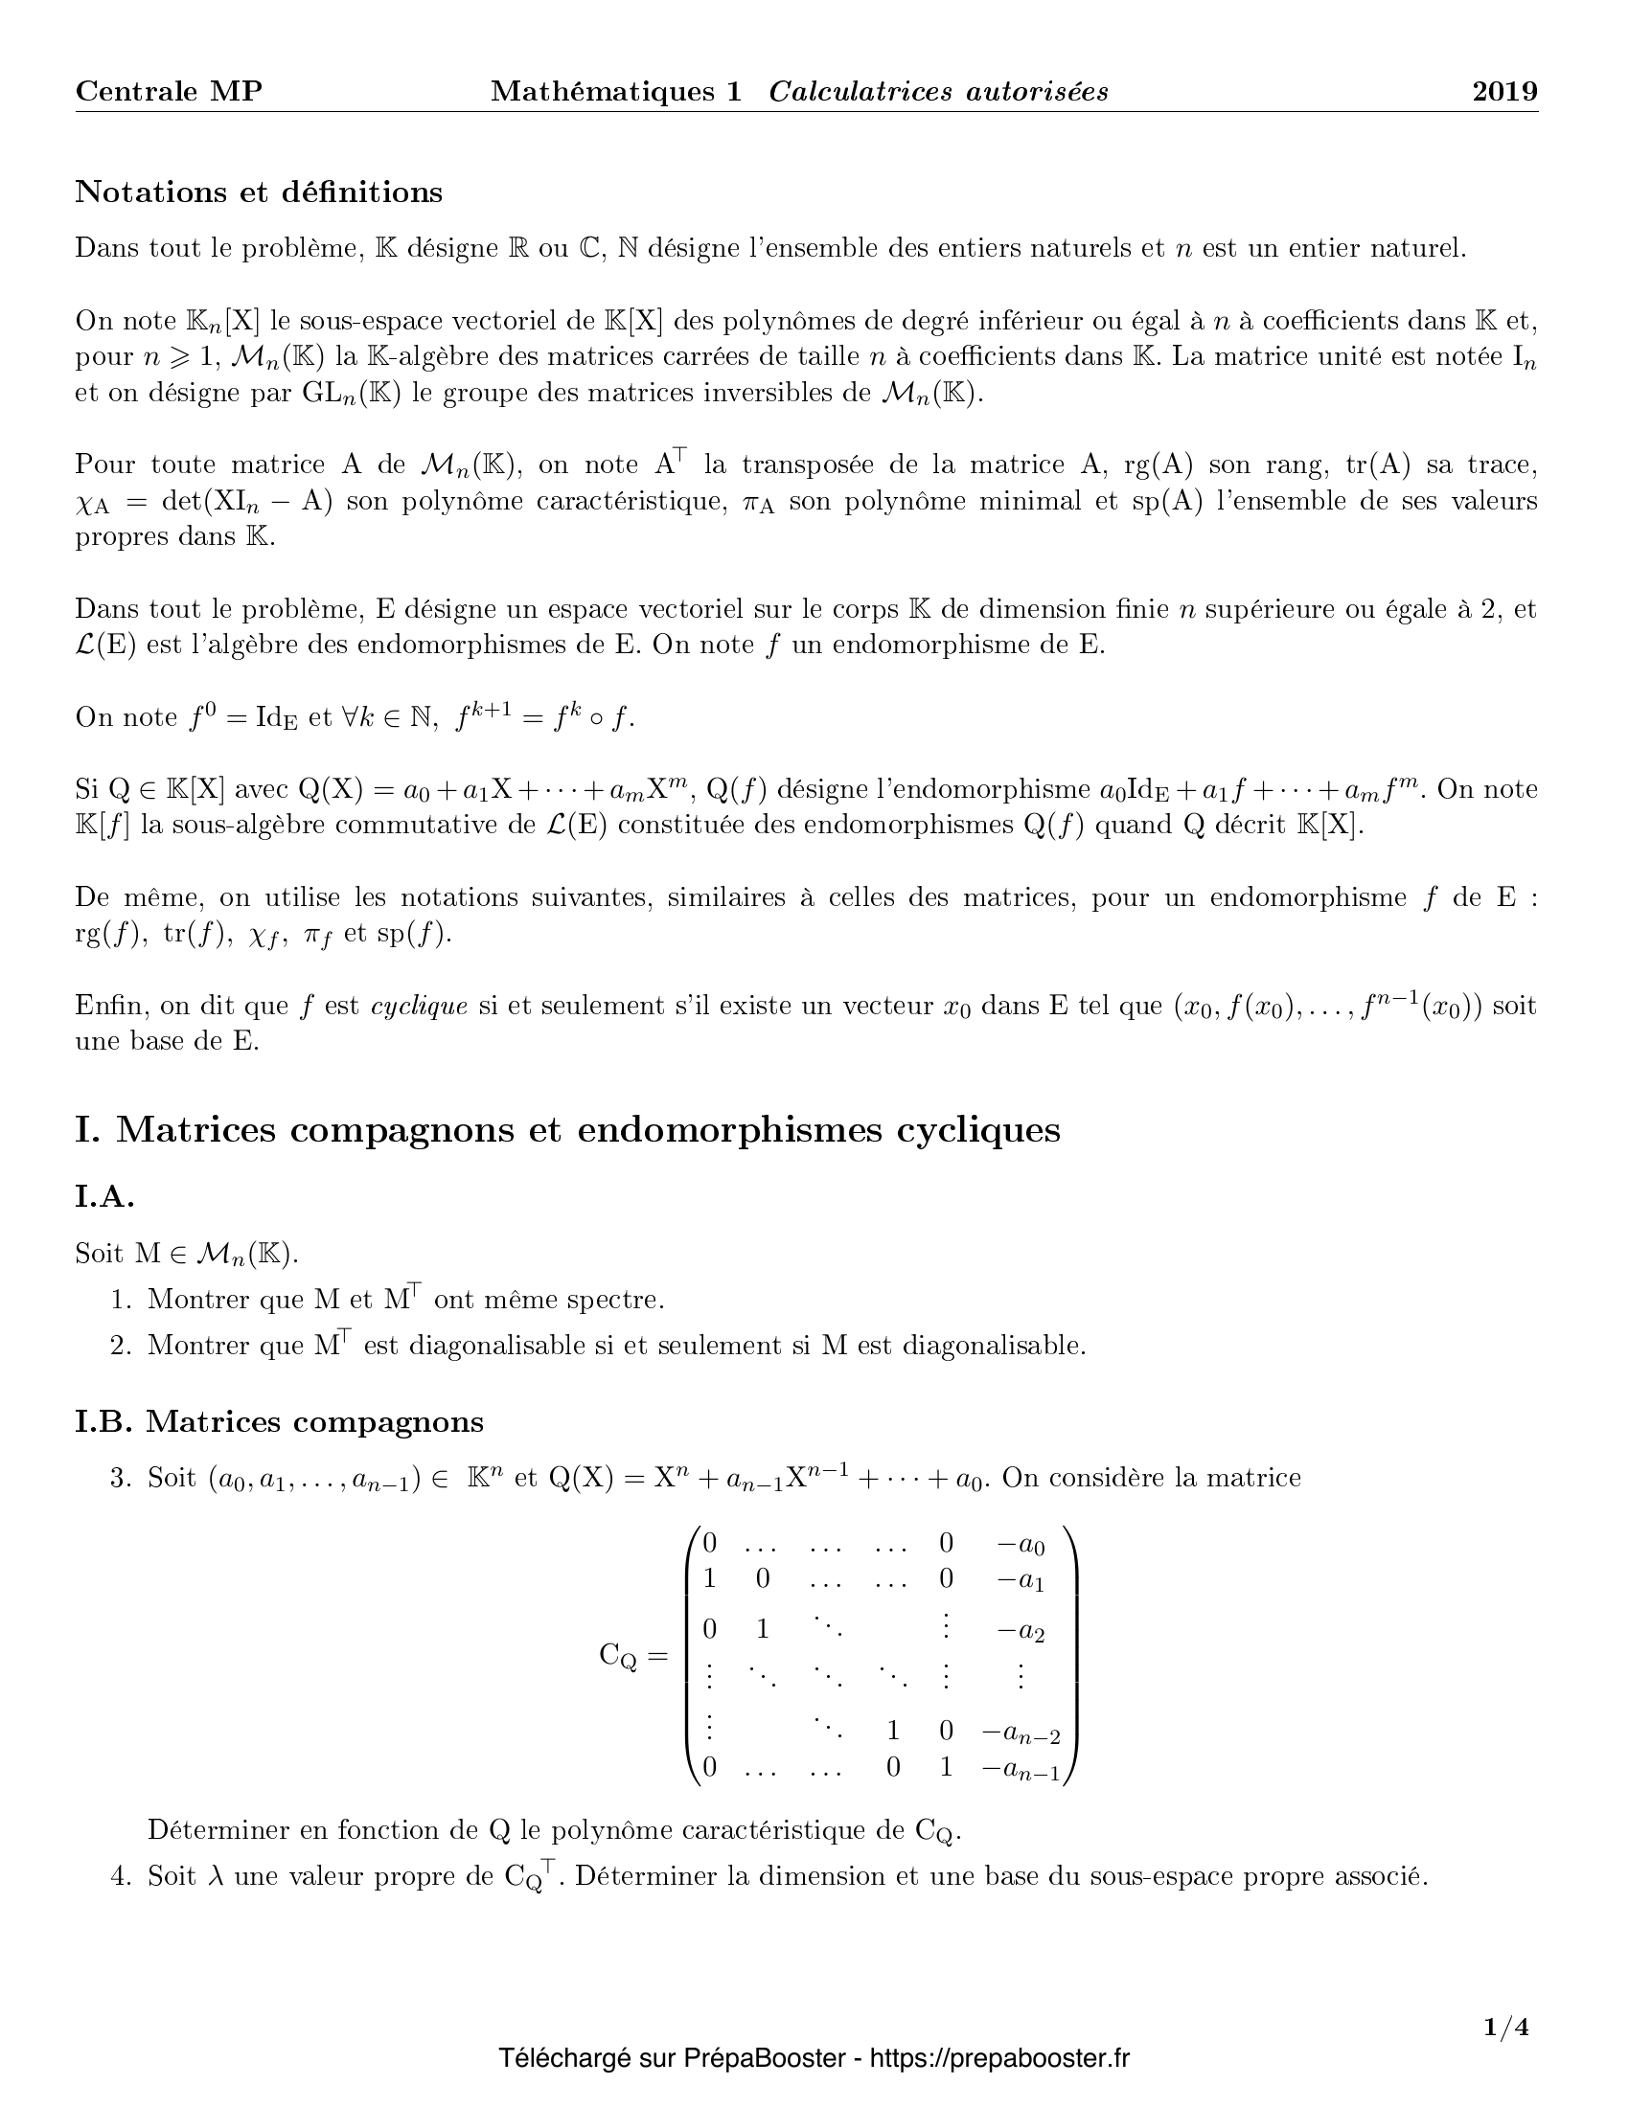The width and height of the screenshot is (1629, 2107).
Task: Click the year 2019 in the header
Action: [x=1503, y=92]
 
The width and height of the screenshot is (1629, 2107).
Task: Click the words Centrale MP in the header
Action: [x=169, y=92]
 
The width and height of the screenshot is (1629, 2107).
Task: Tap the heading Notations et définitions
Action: [x=259, y=192]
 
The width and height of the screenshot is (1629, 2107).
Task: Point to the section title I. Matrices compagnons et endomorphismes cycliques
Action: [x=567, y=1129]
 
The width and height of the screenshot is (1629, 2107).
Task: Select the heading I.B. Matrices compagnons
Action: [x=279, y=1421]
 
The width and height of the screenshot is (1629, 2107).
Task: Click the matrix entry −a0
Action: [x=1021, y=1545]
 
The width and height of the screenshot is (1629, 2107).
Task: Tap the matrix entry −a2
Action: [x=1021, y=1631]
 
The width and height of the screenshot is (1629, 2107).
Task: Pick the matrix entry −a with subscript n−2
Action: [x=1021, y=1733]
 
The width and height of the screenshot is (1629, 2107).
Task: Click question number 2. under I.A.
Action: [x=120, y=1346]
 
